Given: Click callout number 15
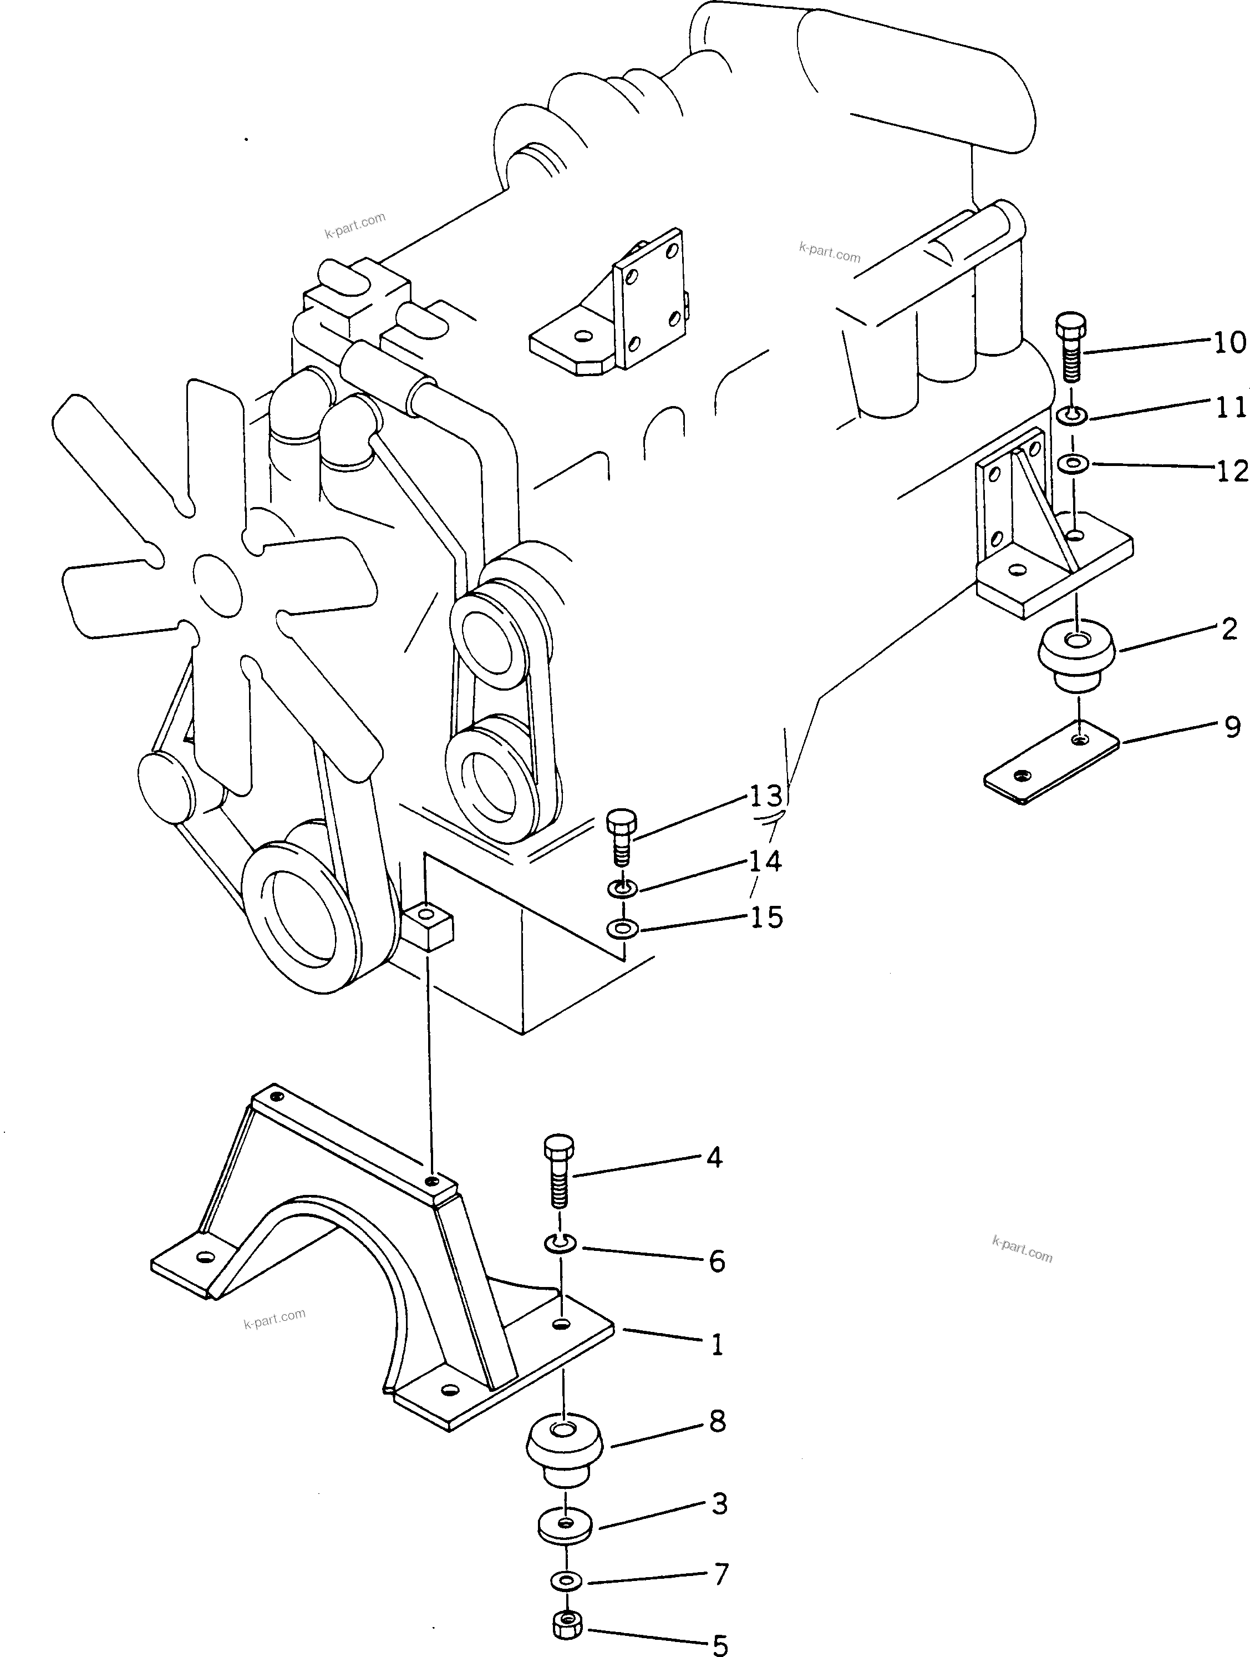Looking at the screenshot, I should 766,917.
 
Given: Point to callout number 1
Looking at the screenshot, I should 717,1345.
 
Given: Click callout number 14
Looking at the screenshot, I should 765,862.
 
